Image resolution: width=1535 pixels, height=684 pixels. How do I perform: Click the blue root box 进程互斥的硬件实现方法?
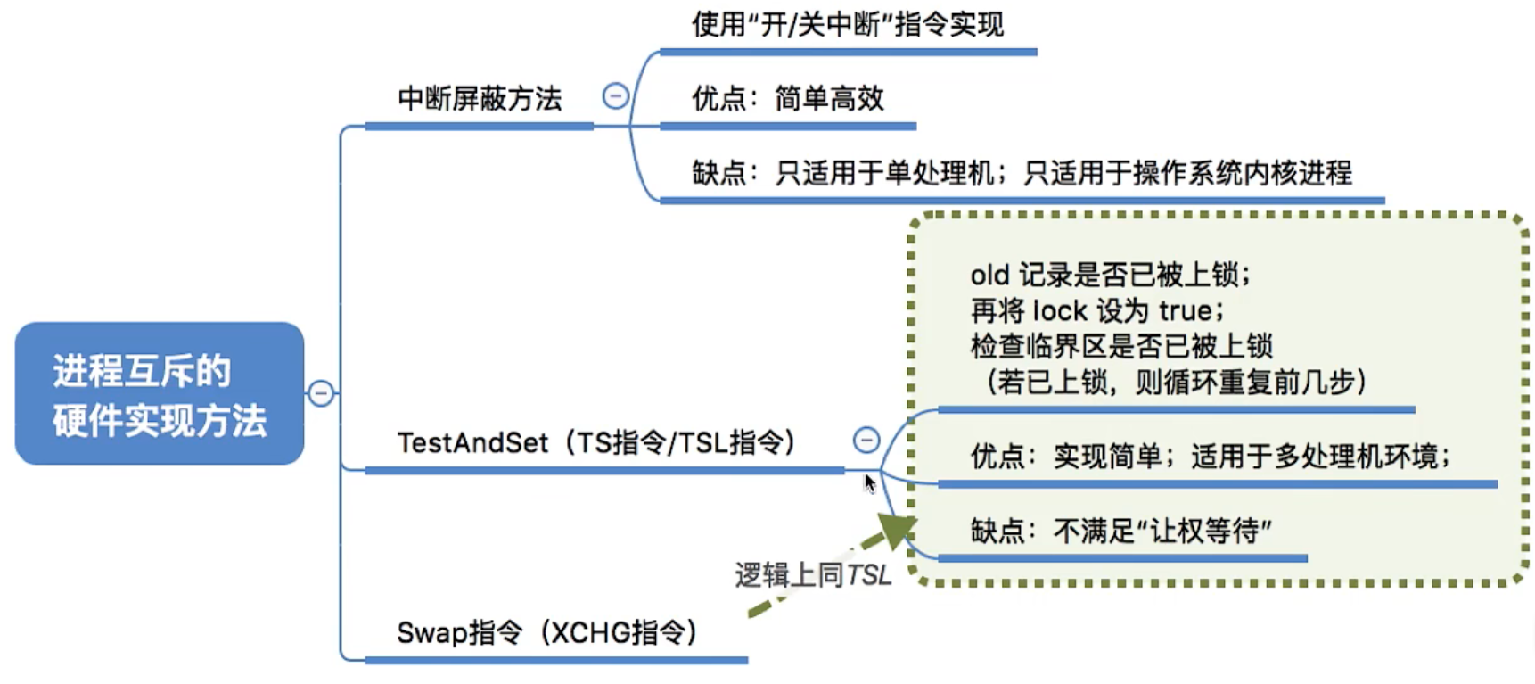tap(159, 393)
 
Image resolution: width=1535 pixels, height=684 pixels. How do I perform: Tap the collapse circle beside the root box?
tap(321, 393)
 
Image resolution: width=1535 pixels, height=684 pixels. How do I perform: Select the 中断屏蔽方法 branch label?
tap(480, 98)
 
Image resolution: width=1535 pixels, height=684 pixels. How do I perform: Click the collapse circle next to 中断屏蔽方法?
tap(615, 95)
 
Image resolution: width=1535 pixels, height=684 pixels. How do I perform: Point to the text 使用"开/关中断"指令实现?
tap(847, 24)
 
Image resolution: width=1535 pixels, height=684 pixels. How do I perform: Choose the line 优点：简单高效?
tap(787, 98)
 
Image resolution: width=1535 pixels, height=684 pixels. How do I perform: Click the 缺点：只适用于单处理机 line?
tap(842, 172)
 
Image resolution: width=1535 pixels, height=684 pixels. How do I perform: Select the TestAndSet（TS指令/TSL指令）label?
tap(595, 442)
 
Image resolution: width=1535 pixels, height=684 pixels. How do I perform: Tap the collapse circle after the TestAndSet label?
tap(866, 440)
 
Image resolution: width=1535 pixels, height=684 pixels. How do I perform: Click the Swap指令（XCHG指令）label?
tap(546, 632)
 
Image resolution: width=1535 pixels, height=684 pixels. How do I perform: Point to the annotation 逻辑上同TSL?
tap(812, 575)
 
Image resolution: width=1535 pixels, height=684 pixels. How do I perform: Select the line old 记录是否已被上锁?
tap(1110, 275)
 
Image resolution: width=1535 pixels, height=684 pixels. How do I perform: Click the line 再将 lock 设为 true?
tap(1096, 310)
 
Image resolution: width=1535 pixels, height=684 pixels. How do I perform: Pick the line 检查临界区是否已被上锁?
tap(1120, 346)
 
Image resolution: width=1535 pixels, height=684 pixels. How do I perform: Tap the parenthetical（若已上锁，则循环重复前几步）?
tap(1175, 383)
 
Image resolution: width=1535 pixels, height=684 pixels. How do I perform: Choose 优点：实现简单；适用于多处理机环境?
tap(1210, 457)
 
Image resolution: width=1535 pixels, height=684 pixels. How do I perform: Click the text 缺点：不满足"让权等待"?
tap(1120, 532)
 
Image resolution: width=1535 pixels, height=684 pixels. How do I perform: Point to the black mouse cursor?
tap(870, 483)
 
